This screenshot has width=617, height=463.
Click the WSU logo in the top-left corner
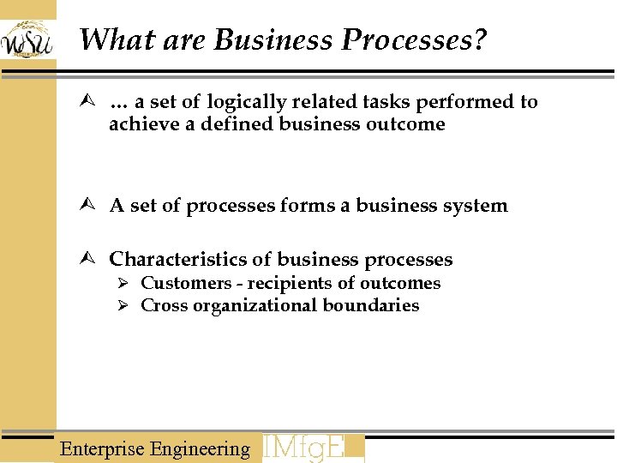(27, 39)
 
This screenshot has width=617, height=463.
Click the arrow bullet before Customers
(123, 284)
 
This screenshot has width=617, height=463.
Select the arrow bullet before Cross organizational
(123, 306)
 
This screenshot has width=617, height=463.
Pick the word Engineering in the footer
(200, 448)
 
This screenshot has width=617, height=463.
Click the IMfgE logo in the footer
(312, 448)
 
